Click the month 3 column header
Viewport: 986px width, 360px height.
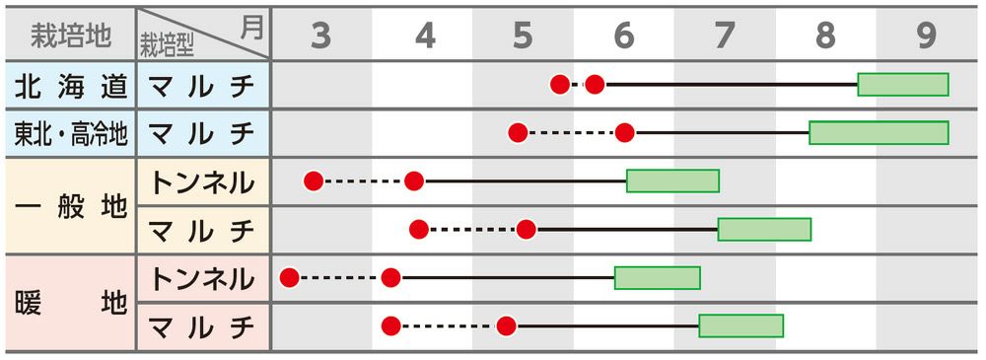320,36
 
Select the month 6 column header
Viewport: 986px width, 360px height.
623,36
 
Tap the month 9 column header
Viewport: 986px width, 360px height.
926,36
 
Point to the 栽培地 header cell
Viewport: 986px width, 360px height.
71,36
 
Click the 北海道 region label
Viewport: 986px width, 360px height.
71,85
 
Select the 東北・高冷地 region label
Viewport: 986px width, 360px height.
71,133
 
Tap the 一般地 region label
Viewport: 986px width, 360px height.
71,206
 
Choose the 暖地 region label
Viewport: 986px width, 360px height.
71,304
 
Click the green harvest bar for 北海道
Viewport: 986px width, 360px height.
903,85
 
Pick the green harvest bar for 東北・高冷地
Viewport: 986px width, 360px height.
880,133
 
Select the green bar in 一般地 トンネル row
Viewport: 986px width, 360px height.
672,181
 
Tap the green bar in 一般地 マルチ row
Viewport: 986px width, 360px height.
765,229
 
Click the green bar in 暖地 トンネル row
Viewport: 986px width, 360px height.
658,278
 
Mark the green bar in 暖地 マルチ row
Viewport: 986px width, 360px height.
741,326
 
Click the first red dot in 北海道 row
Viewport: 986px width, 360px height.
560,84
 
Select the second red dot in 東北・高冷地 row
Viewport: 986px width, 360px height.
624,133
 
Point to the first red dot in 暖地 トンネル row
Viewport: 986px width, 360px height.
289,277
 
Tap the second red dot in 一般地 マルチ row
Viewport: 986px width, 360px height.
527,230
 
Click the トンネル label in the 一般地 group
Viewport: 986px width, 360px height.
202,182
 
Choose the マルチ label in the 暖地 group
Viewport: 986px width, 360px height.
202,327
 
